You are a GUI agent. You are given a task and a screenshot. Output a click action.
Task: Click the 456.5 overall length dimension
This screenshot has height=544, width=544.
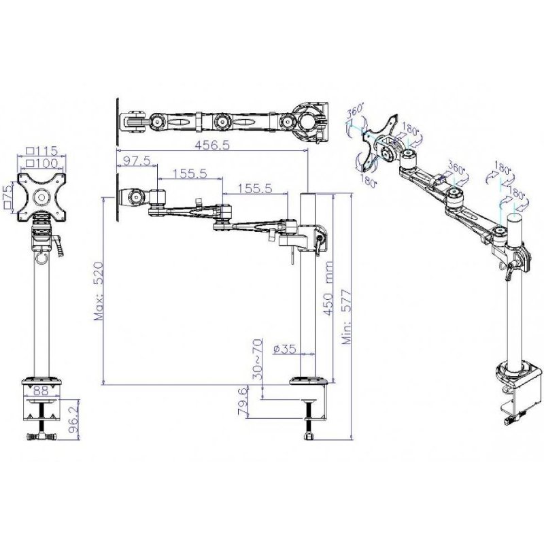[x=212, y=145]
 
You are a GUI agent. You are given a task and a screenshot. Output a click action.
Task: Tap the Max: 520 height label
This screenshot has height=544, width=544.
[x=99, y=291]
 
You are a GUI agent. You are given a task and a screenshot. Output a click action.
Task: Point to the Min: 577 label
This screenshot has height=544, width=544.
[x=347, y=316]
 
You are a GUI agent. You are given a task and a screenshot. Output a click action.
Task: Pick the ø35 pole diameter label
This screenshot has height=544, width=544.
[x=285, y=349]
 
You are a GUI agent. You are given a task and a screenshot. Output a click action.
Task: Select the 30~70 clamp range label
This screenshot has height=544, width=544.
[x=257, y=359]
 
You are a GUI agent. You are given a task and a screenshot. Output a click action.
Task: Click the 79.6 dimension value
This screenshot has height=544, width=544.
[x=243, y=401]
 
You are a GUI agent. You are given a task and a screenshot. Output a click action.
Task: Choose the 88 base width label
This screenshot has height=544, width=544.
[x=41, y=391]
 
